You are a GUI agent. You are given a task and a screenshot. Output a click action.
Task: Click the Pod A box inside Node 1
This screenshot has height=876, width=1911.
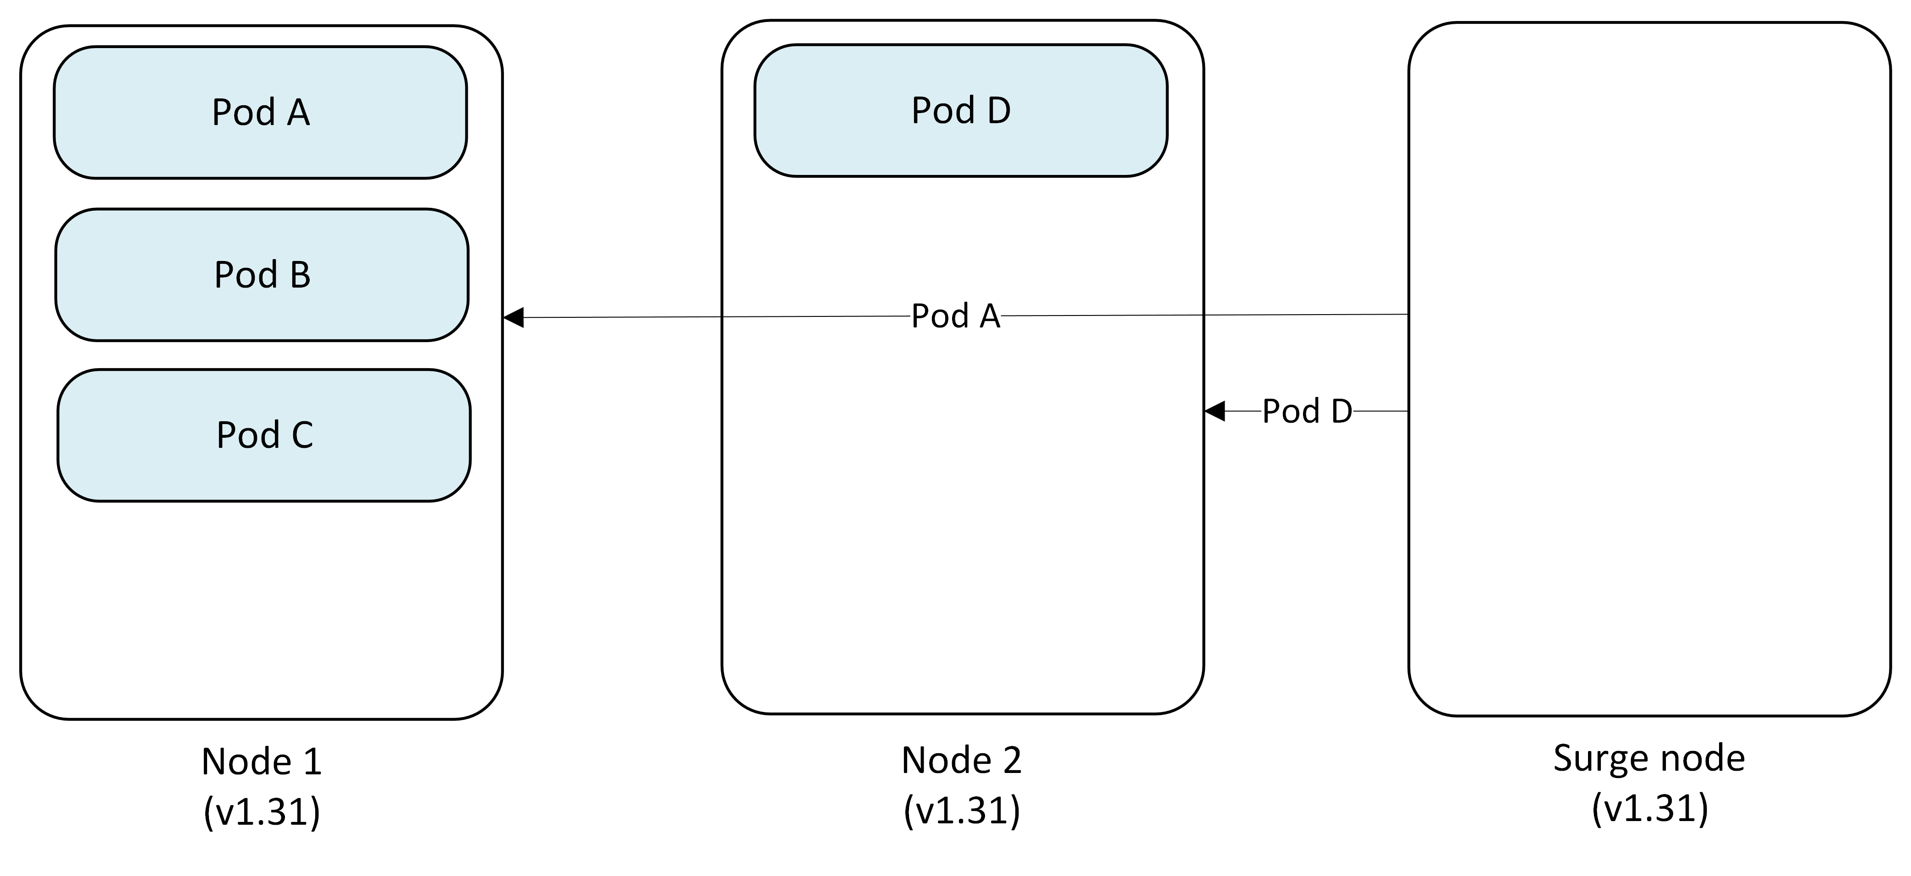pos(260,113)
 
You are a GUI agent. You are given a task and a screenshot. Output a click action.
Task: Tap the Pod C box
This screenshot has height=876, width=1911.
pos(264,435)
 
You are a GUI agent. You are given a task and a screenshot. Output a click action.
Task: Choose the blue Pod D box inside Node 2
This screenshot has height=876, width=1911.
pos(961,110)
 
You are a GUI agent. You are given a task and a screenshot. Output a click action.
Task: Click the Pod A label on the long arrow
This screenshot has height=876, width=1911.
pos(956,316)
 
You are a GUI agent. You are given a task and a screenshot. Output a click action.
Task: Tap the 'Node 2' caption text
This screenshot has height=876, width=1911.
pos(961,760)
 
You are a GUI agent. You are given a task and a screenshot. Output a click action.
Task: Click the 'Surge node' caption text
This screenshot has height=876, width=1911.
pos(1648,758)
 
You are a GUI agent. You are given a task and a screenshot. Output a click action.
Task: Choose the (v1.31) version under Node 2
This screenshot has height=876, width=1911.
pos(961,810)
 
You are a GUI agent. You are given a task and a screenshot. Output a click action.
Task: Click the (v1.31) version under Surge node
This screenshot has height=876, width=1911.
pos(1649,808)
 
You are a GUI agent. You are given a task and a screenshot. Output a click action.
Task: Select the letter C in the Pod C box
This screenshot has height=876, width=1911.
pos(302,435)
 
